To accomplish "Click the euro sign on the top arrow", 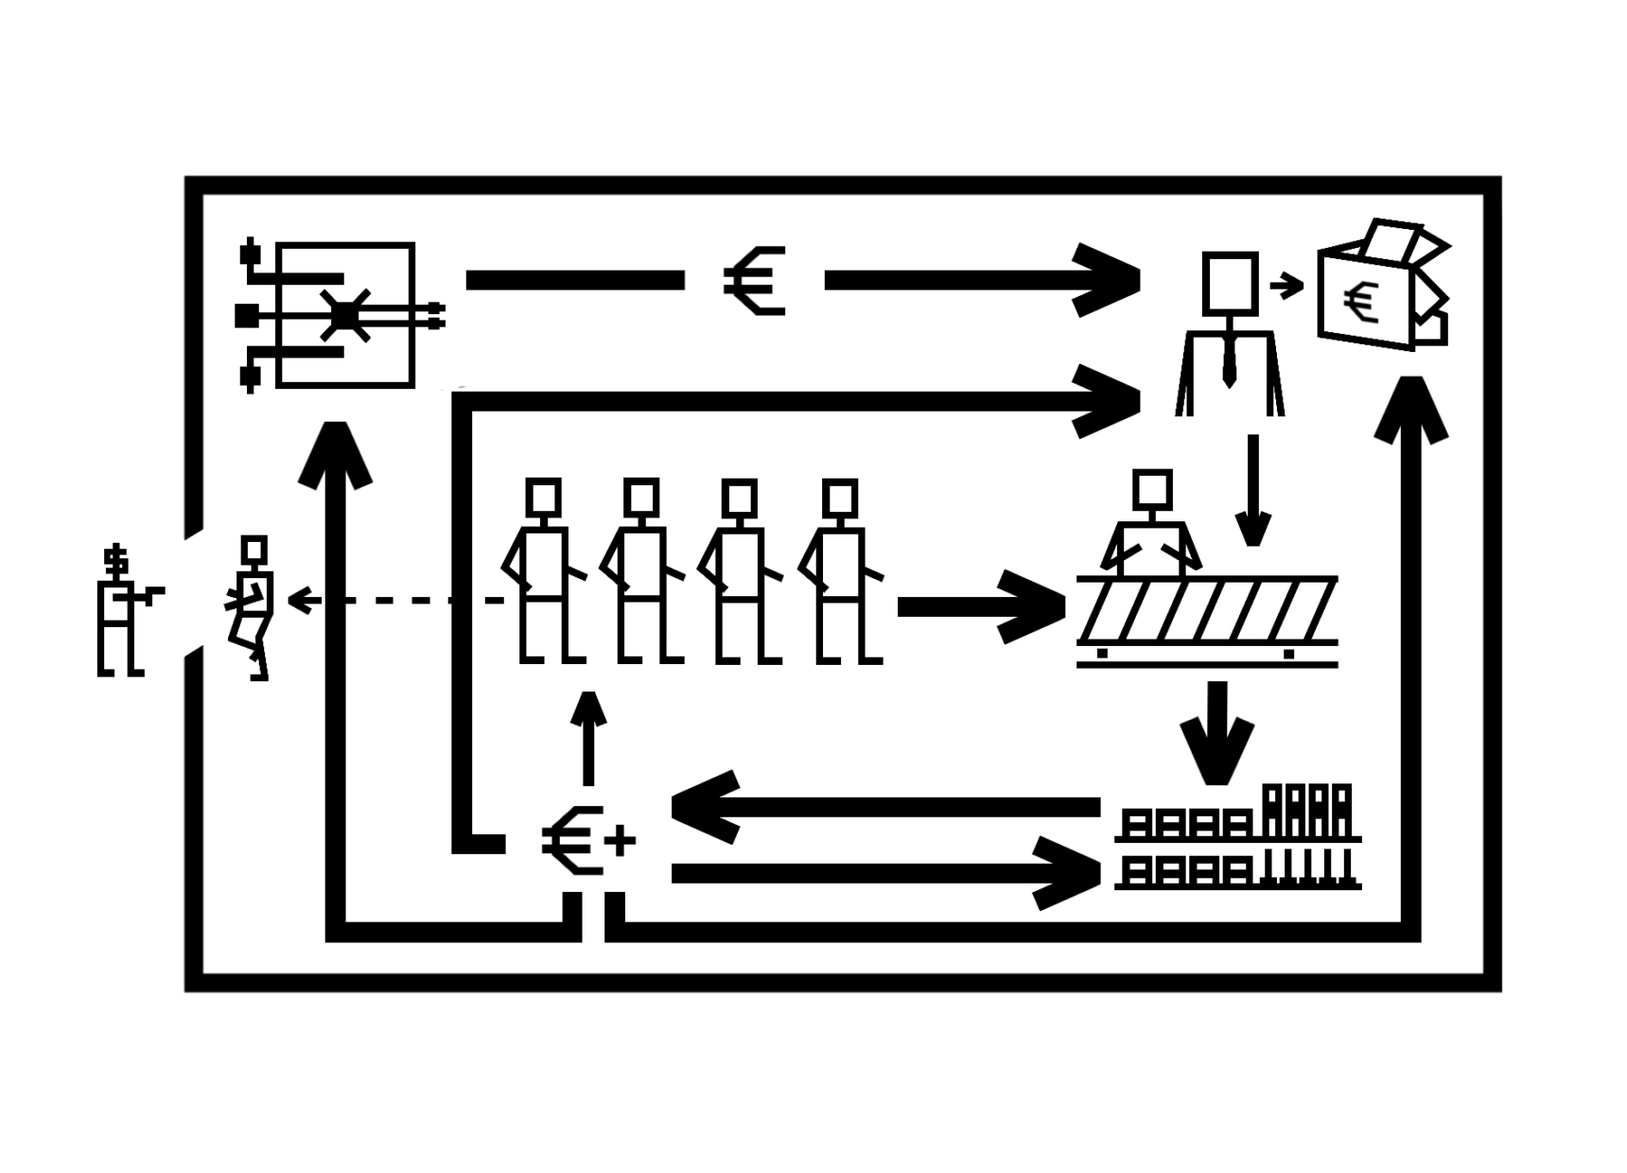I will click(x=755, y=280).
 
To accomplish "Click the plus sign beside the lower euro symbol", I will click(x=620, y=840).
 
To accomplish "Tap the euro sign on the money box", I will click(x=1361, y=303).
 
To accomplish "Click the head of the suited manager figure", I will click(x=1230, y=282).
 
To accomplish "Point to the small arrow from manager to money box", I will click(x=1286, y=284).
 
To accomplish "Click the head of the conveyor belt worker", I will click(x=1152, y=490).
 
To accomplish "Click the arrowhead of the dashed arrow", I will click(x=300, y=600).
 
